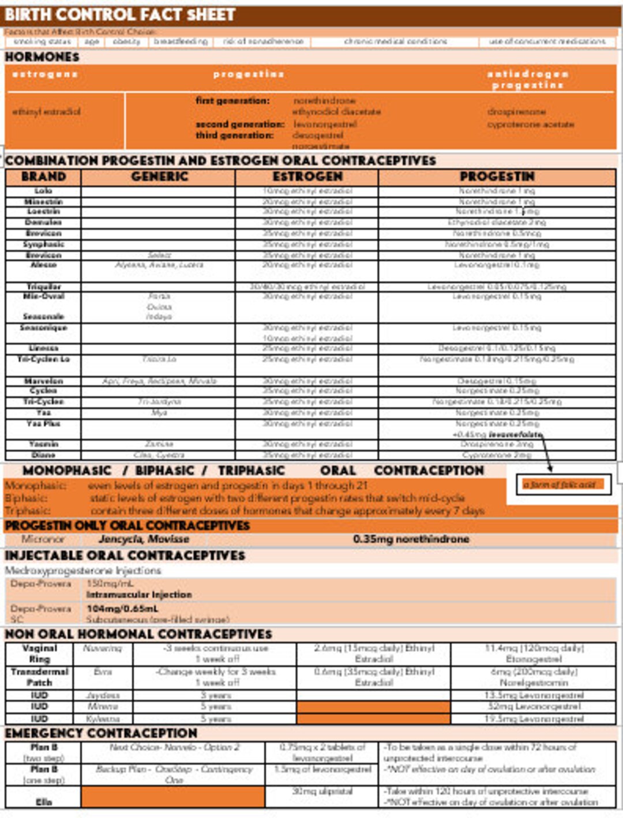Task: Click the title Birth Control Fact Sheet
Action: (120, 14)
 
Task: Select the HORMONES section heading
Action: (42, 57)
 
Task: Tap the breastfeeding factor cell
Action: (181, 42)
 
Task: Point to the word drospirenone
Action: (516, 111)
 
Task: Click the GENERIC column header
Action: (159, 177)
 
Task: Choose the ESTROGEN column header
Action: (307, 177)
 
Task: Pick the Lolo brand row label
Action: (43, 190)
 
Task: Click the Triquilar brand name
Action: (43, 287)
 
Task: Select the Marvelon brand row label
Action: (43, 381)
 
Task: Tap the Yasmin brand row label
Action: (43, 444)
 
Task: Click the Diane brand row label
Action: (43, 455)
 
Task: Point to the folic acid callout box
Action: (562, 485)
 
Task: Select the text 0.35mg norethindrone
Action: (411, 539)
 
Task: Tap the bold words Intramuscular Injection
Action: (139, 594)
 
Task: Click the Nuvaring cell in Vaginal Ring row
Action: (103, 648)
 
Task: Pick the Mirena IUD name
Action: (103, 707)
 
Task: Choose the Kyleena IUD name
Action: (103, 719)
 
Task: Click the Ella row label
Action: (43, 802)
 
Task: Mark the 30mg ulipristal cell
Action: (322, 791)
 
